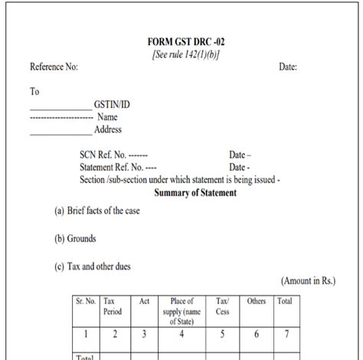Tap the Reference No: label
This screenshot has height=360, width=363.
click(x=54, y=67)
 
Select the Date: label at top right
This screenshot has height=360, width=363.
click(x=288, y=67)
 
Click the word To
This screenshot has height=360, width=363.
click(x=34, y=91)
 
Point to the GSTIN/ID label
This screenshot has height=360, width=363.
click(x=113, y=106)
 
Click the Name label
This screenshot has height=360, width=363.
click(x=107, y=117)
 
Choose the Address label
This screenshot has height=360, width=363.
click(x=108, y=129)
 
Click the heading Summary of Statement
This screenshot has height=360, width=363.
click(x=195, y=193)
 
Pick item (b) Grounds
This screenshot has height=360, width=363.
click(x=75, y=239)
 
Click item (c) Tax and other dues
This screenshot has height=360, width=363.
click(x=92, y=267)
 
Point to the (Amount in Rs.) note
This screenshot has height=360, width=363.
click(x=308, y=281)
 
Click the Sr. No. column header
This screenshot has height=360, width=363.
click(x=86, y=302)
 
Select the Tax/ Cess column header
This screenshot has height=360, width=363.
click(x=223, y=306)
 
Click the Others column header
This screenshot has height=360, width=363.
click(x=257, y=302)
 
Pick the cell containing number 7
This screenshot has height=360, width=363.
click(x=284, y=334)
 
